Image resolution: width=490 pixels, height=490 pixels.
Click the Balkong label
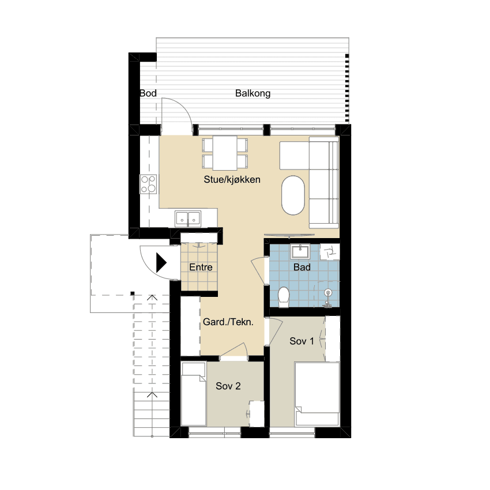[253, 93]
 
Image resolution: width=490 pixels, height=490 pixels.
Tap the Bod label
[148, 93]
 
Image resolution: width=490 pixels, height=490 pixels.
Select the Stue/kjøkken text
[232, 179]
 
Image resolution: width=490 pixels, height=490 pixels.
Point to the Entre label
[201, 267]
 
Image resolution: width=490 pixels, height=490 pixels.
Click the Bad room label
[302, 267]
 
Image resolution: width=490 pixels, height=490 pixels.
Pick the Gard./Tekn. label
[228, 322]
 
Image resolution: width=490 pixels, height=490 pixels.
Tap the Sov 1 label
[301, 341]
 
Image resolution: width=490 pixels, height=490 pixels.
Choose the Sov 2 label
[228, 386]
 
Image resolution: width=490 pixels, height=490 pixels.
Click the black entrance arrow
[161, 263]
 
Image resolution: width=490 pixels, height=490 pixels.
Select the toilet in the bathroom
[284, 297]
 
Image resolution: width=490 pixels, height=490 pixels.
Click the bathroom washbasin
[300, 252]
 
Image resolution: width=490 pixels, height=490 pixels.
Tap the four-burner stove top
[148, 184]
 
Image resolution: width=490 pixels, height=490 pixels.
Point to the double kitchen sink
[188, 218]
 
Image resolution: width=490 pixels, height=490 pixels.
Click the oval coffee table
[293, 195]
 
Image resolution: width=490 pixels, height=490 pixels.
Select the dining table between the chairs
[225, 153]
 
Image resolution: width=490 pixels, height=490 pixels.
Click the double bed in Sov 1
[317, 394]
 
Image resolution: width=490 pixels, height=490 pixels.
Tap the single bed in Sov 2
[194, 394]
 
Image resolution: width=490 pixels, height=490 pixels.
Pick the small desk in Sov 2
[257, 414]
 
